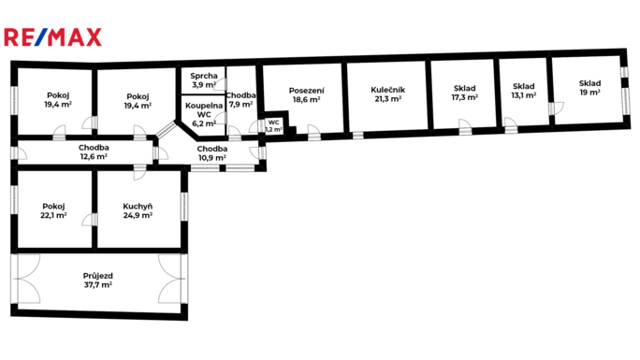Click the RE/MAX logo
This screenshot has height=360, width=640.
(x=52, y=37)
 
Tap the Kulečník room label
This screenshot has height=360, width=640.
(x=387, y=90)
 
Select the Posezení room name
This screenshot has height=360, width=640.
(x=307, y=91)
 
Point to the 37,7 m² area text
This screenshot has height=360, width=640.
(x=98, y=285)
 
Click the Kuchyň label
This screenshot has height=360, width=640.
(x=138, y=207)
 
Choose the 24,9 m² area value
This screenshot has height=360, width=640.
(x=138, y=215)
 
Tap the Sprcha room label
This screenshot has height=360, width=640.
(x=204, y=76)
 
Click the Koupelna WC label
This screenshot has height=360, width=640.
(x=204, y=110)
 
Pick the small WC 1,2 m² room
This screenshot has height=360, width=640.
(x=274, y=125)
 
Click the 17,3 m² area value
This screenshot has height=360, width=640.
(x=464, y=97)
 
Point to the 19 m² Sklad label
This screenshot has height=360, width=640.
(x=589, y=88)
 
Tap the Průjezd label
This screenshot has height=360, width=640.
(x=98, y=276)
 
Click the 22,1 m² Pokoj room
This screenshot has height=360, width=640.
(x=54, y=209)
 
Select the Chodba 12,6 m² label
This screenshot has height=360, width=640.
(x=94, y=152)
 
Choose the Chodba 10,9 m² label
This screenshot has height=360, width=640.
(x=212, y=153)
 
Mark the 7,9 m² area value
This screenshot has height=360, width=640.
(x=240, y=105)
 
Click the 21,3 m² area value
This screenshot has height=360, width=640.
(x=387, y=99)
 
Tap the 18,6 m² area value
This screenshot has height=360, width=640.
(x=307, y=99)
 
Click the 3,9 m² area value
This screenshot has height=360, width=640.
(x=204, y=85)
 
